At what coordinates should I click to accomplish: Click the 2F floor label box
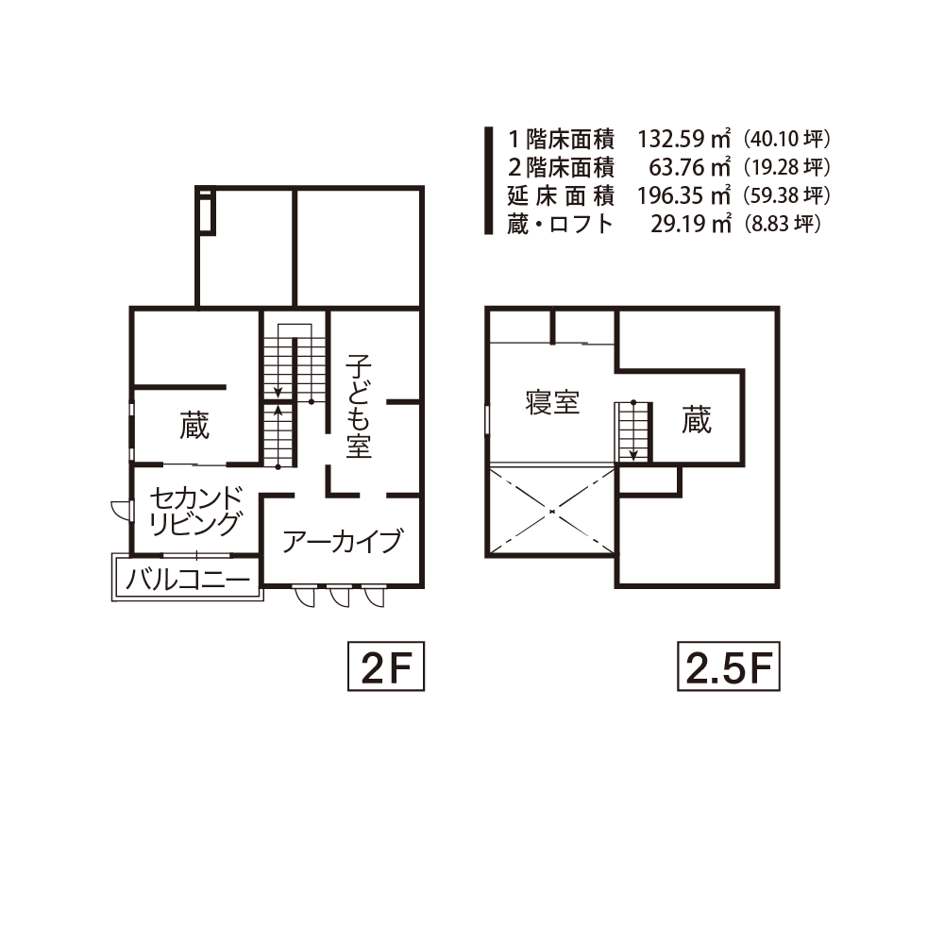386,666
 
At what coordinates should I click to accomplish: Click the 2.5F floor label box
729,666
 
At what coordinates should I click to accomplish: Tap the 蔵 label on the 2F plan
194,426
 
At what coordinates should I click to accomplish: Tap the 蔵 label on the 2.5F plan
697,420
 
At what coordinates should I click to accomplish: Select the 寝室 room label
552,402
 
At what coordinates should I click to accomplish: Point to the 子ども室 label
358,406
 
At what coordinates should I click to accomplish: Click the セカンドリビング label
196,511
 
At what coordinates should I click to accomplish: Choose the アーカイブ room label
342,541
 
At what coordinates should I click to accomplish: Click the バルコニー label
187,580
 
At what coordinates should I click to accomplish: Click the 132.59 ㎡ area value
684,139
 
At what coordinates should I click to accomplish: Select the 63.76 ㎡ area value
690,167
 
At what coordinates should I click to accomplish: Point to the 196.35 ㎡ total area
684,195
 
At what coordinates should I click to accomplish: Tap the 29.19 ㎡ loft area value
691,224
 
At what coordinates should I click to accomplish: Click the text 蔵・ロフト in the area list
560,224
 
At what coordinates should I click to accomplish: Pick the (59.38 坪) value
787,195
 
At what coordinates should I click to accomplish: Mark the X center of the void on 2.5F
551,512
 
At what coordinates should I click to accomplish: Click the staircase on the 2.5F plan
632,432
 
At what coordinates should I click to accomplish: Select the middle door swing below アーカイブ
339,596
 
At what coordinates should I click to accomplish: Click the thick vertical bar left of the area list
489,180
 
